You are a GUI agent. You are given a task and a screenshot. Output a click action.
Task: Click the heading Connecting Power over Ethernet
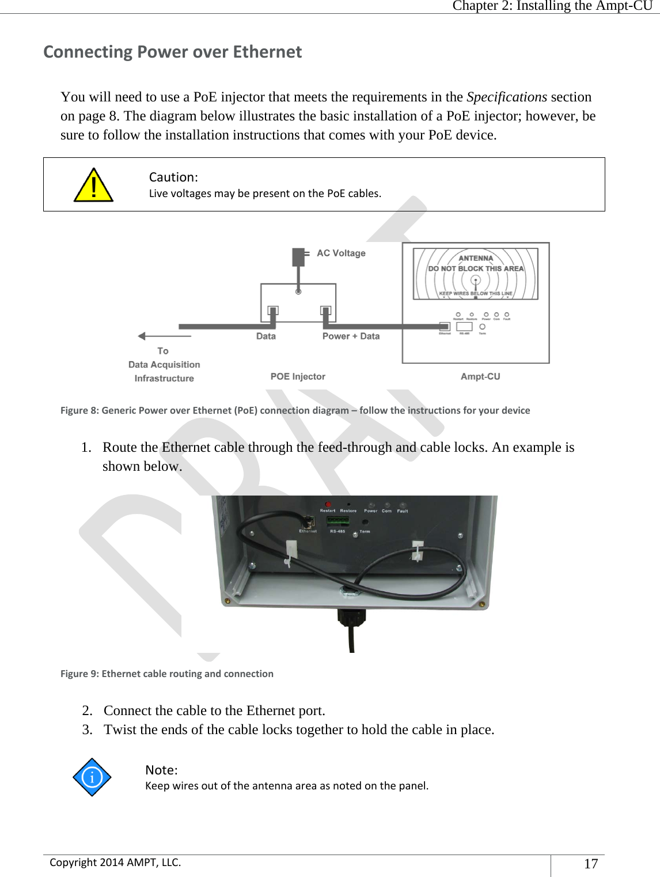(x=173, y=52)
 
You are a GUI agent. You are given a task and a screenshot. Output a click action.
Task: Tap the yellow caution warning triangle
(x=93, y=186)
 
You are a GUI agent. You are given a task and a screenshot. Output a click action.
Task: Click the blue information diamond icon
(x=92, y=777)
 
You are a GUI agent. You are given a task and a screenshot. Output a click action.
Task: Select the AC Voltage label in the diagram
(x=341, y=253)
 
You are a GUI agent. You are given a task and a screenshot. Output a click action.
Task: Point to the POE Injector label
(x=298, y=376)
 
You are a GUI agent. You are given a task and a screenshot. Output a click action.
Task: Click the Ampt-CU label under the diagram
(x=480, y=376)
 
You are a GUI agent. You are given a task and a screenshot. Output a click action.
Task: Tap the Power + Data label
(x=351, y=336)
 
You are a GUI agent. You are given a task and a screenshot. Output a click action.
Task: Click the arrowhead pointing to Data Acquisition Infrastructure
(x=142, y=336)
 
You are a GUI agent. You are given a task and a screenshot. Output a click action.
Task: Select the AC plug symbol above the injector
(x=298, y=256)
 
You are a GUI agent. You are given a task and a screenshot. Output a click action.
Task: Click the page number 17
(x=591, y=863)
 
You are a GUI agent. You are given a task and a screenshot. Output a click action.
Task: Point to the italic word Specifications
(x=506, y=97)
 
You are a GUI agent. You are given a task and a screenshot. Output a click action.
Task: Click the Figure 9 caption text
(x=167, y=674)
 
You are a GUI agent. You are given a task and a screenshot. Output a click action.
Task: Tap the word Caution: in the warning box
(x=173, y=177)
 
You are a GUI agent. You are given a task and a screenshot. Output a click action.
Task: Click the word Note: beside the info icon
(x=161, y=770)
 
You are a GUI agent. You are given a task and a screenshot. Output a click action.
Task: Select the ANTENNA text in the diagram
(x=476, y=258)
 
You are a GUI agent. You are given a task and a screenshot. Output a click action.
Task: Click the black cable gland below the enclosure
(x=351, y=617)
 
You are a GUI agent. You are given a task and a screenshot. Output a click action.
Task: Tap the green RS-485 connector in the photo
(x=338, y=521)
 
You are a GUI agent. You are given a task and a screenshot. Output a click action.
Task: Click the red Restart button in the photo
(x=328, y=504)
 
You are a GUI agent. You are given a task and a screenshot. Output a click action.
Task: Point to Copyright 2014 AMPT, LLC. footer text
(x=115, y=862)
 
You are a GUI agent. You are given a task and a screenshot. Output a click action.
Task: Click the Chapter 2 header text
(x=552, y=6)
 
